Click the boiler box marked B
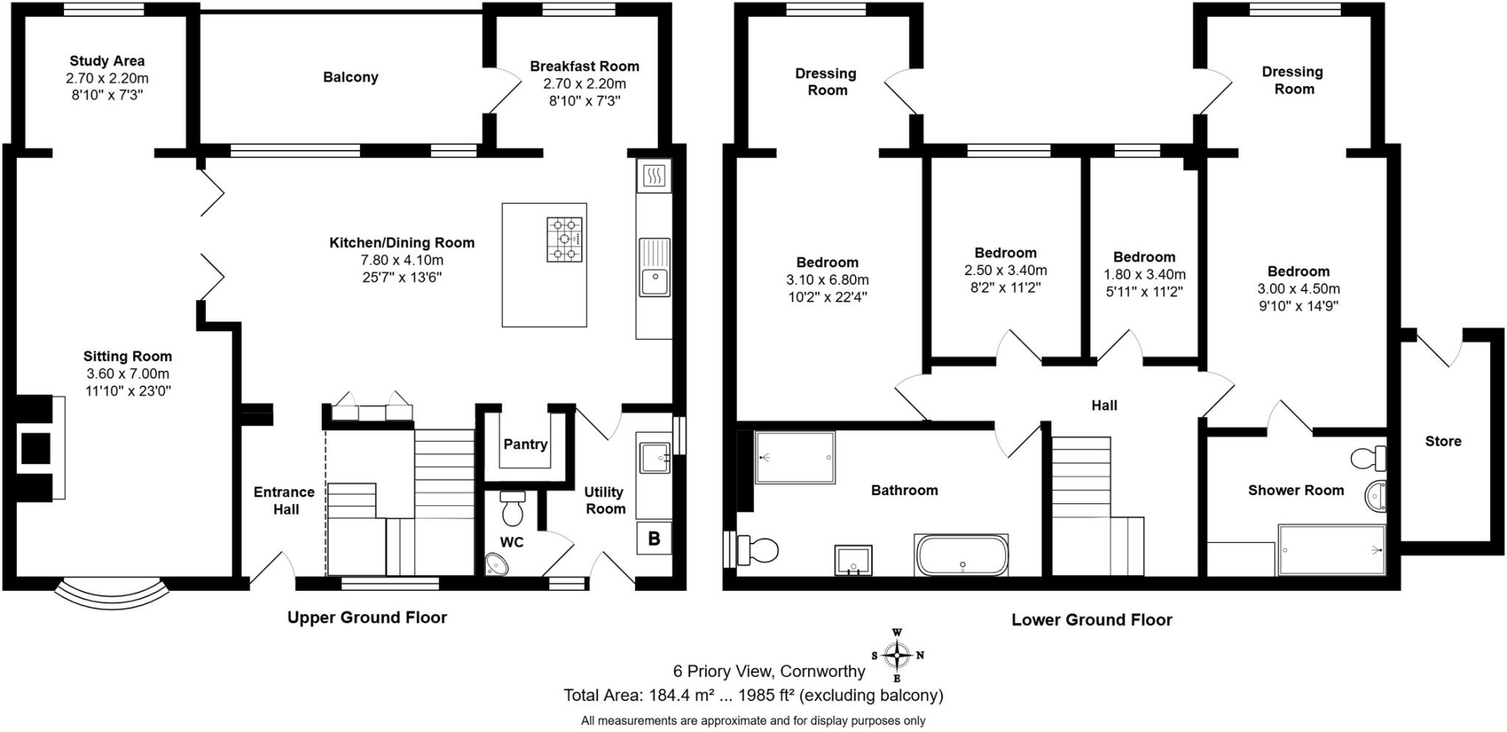coord(653,539)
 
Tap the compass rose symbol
coord(897,655)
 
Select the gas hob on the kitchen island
coord(564,239)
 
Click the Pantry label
coord(525,444)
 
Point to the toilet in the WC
coord(512,507)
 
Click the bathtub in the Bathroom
coord(962,555)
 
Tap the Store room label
coord(1443,441)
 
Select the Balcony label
coord(350,77)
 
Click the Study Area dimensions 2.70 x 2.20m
coord(107,78)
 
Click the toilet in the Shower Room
coord(1368,458)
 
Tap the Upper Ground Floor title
coord(367,618)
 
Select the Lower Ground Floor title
coord(1091,620)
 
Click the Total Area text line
coord(753,695)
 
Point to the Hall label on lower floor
coord(1104,405)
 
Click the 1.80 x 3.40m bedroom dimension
coord(1144,274)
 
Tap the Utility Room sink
coord(653,458)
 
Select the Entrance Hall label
coord(285,501)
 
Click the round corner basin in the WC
coord(498,564)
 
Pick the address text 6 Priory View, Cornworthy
coord(769,671)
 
